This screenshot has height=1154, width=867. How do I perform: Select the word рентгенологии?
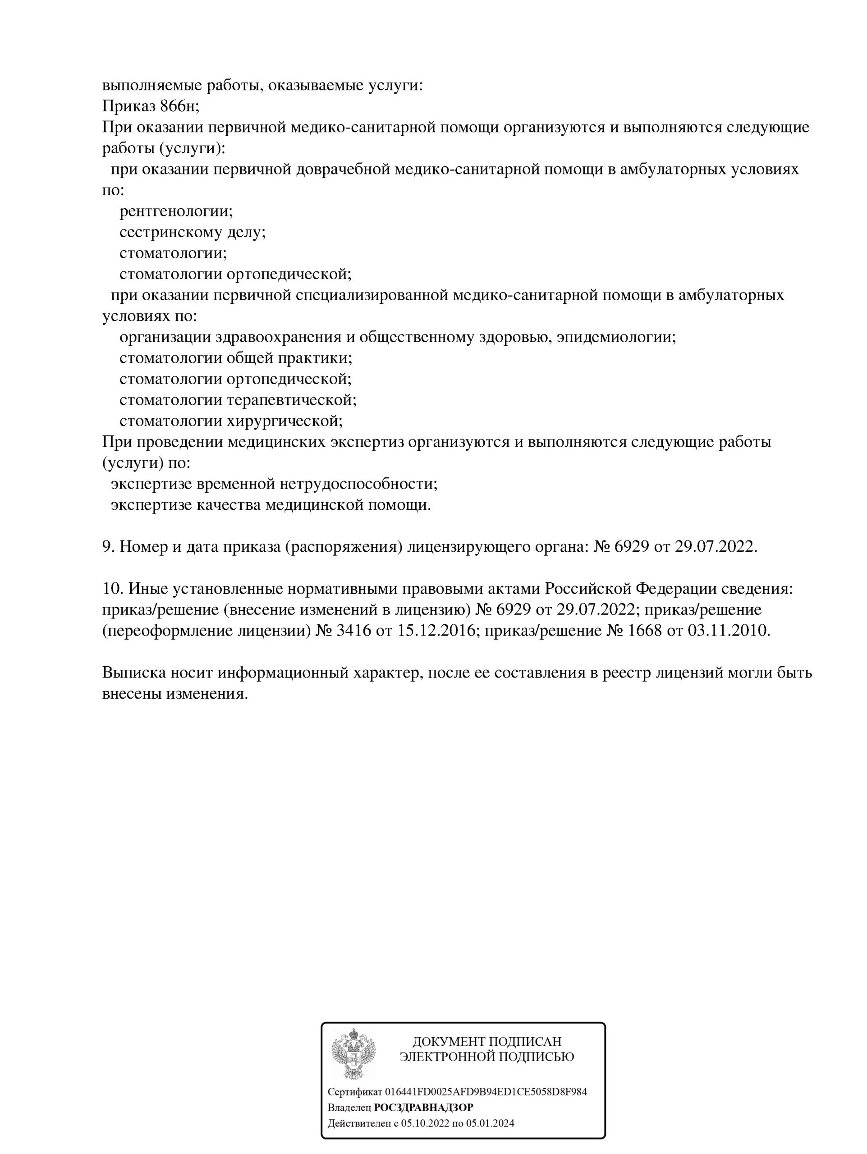click(176, 211)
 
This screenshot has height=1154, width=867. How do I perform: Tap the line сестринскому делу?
click(192, 232)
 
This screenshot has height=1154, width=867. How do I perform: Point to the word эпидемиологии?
click(615, 337)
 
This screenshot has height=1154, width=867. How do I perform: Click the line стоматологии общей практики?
click(235, 358)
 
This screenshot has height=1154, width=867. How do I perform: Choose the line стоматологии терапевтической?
click(238, 400)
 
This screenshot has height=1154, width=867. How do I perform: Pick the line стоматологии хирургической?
click(230, 421)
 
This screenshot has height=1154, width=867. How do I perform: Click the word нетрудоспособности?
click(358, 484)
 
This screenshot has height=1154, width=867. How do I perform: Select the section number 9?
click(107, 547)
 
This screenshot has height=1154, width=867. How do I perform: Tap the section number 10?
click(111, 589)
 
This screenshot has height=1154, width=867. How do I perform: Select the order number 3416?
click(353, 631)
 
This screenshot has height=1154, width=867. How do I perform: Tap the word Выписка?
click(133, 673)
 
